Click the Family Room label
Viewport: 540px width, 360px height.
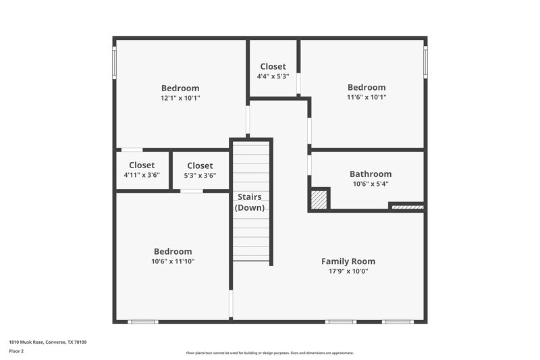pyautogui.click(x=348, y=261)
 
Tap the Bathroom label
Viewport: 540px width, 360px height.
pyautogui.click(x=370, y=174)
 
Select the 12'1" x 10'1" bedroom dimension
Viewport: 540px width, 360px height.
pyautogui.click(x=180, y=97)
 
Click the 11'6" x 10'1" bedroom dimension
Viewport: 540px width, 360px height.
pyautogui.click(x=367, y=97)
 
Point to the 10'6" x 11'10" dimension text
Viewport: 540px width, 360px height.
pyautogui.click(x=172, y=261)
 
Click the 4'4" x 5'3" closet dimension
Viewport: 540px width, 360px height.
pyautogui.click(x=273, y=76)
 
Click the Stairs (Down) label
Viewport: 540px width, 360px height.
pyautogui.click(x=250, y=202)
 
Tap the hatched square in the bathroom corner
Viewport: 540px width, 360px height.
pyautogui.click(x=319, y=200)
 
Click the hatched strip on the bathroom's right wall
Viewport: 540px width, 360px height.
pyautogui.click(x=407, y=207)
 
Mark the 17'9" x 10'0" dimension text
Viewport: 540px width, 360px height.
pyautogui.click(x=348, y=271)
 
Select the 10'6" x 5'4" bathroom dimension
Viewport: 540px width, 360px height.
pyautogui.click(x=370, y=184)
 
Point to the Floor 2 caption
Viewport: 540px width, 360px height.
pyautogui.click(x=16, y=351)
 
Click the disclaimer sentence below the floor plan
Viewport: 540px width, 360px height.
pyautogui.click(x=269, y=353)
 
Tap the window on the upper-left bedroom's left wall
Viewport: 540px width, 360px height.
pyautogui.click(x=114, y=62)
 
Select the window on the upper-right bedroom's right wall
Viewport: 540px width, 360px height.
pyautogui.click(x=425, y=62)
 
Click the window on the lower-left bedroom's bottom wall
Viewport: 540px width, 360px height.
pyautogui.click(x=143, y=322)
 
